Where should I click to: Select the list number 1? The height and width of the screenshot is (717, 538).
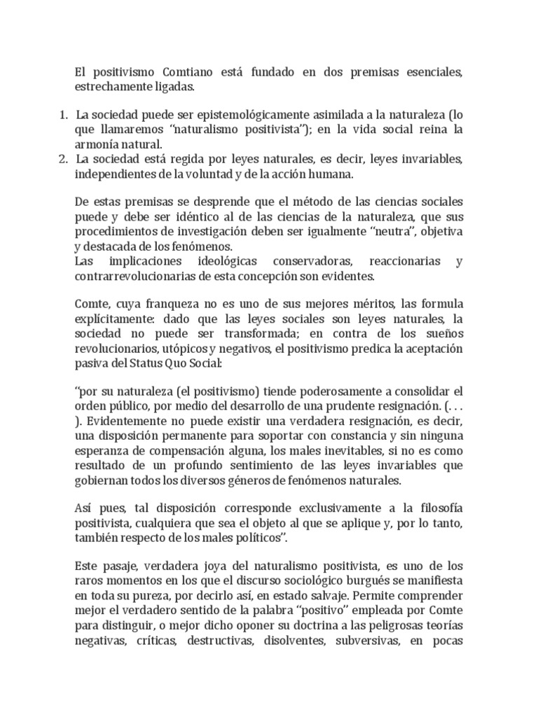(x=62, y=114)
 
